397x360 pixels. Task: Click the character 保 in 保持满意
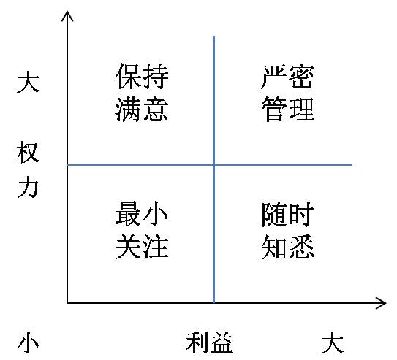pos(128,76)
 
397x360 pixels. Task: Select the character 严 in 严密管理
pos(274,77)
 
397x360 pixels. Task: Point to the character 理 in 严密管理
pos(302,110)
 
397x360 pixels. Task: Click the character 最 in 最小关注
pos(128,213)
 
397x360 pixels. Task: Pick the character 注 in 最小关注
pos(155,246)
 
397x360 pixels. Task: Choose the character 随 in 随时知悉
pos(274,215)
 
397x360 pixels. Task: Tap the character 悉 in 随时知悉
pos(302,247)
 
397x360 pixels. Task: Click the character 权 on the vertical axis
pos(28,152)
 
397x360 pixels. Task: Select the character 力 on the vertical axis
pos(28,188)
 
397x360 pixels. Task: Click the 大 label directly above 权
pos(28,81)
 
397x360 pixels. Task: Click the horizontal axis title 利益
pos(210,343)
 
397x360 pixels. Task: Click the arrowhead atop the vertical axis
pos(67,15)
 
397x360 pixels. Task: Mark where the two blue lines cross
pos(214,165)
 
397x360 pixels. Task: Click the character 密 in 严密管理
pos(301,77)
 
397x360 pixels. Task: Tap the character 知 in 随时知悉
pos(274,247)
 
